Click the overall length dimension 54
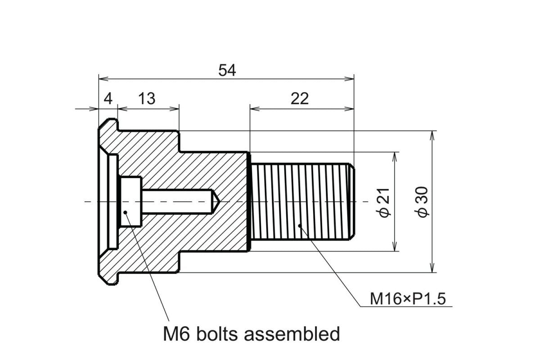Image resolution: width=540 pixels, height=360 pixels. click(227, 70)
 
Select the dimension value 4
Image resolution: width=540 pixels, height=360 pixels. click(108, 98)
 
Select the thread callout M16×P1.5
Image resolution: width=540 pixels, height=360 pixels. click(407, 299)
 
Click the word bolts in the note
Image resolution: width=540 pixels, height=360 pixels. click(215, 334)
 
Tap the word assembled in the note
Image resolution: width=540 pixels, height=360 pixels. click(292, 334)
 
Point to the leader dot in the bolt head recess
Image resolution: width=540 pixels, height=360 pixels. click(126, 213)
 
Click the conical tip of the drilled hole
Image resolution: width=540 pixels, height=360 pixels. click(216, 201)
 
